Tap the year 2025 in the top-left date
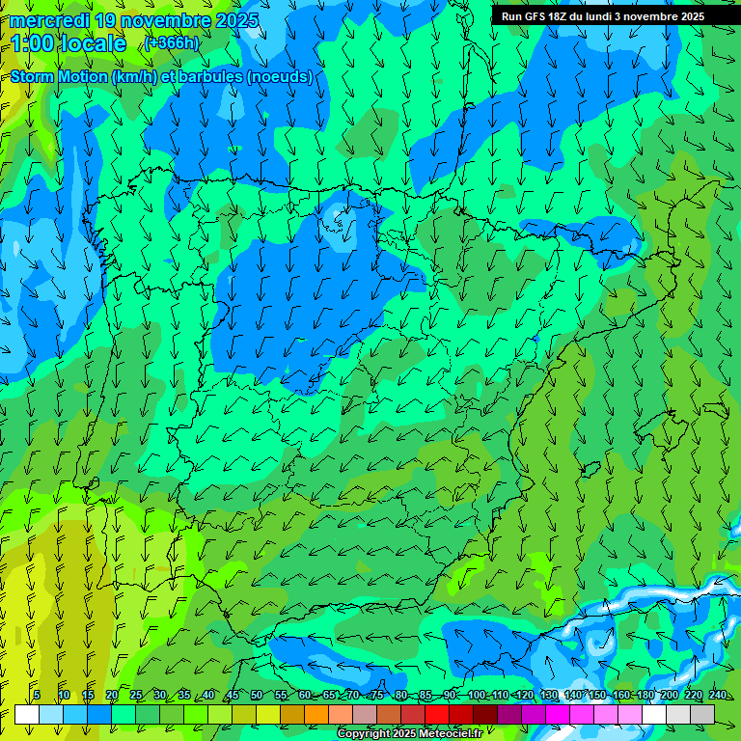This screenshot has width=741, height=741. tap(235, 20)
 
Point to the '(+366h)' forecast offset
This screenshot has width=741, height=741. tap(172, 42)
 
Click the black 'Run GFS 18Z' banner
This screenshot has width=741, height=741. tap(602, 15)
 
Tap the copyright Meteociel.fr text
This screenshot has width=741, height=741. tap(410, 733)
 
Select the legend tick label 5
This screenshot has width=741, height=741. tap(37, 695)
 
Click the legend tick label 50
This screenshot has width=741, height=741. tap(256, 695)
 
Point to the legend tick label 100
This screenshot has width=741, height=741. tap(476, 695)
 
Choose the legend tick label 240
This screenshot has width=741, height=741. tap(718, 695)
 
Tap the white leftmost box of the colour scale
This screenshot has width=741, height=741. tap(27, 713)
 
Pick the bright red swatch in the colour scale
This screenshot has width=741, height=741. tap(437, 713)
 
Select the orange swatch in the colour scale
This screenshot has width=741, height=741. tap(316, 713)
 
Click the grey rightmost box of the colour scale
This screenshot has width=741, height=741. tap(702, 713)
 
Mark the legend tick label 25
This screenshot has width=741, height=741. tap(135, 695)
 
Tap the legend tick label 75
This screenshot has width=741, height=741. tap(377, 695)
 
